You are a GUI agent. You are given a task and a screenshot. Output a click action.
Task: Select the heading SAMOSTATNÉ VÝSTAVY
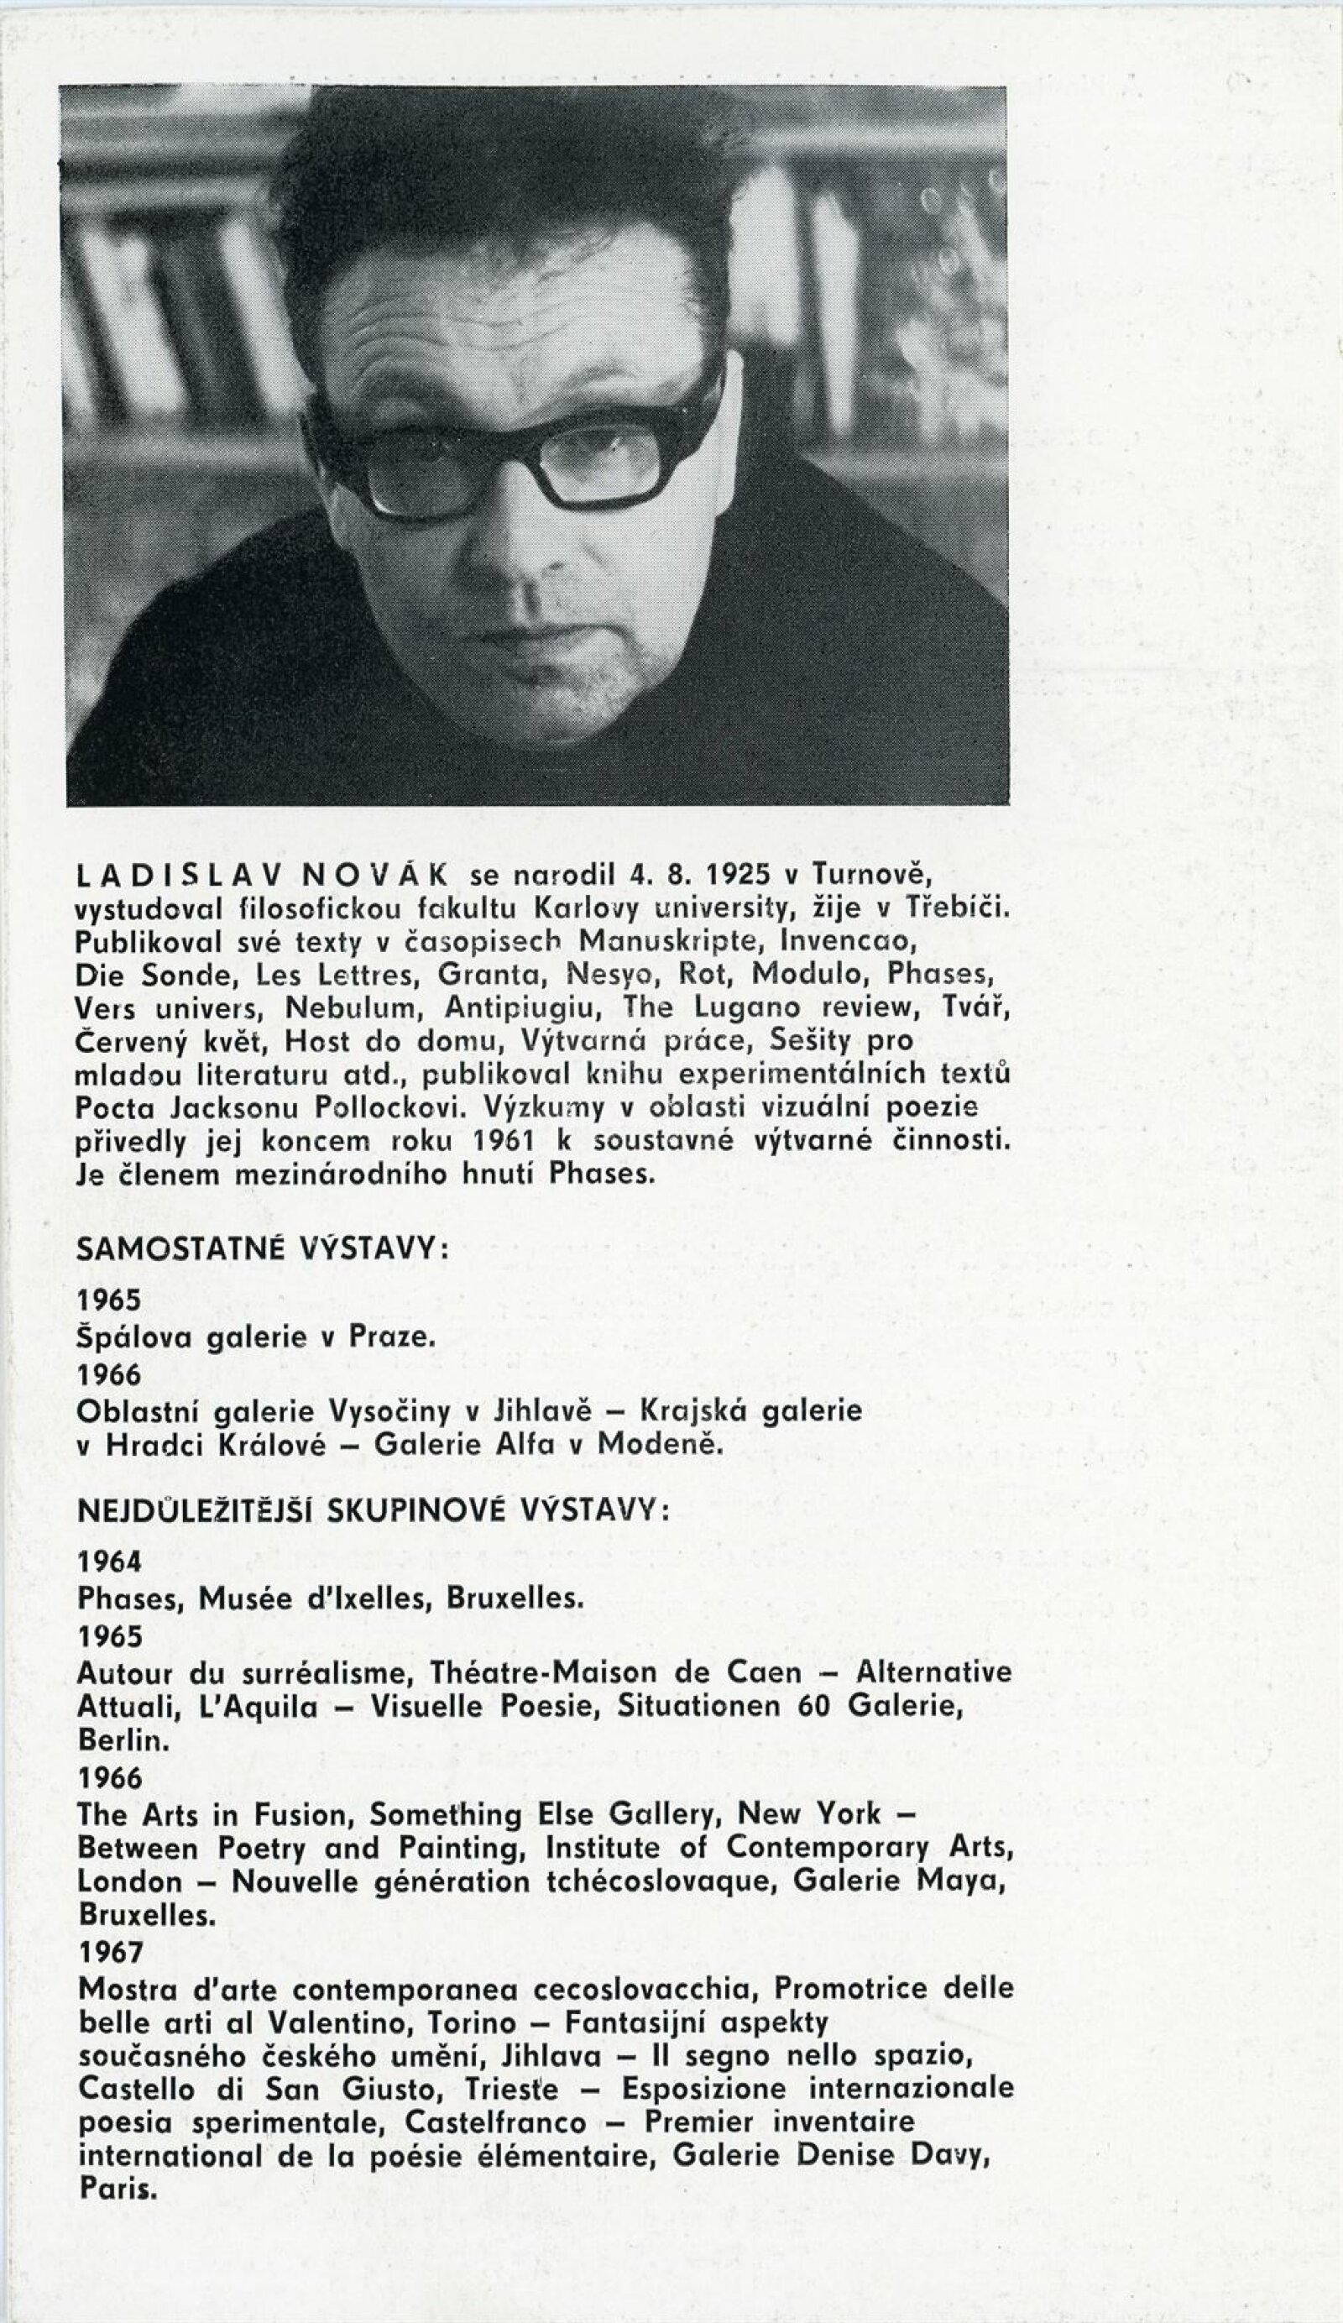(262, 1249)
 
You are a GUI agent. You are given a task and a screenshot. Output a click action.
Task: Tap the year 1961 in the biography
(504, 1141)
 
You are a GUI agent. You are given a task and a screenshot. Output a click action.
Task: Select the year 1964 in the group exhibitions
(110, 1562)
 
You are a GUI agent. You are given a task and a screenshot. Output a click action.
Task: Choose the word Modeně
(657, 1445)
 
